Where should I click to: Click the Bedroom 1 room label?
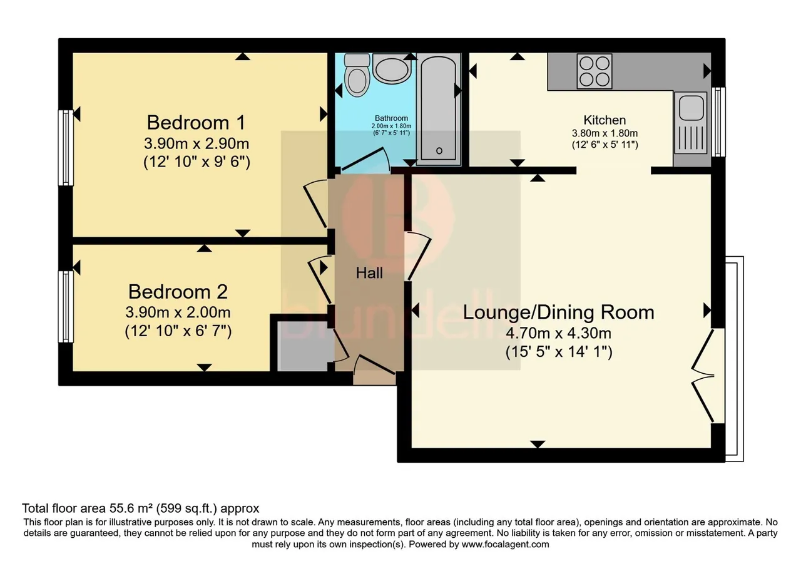pyautogui.click(x=196, y=122)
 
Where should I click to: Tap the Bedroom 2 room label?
pyautogui.click(x=178, y=292)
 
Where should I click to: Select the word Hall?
pyautogui.click(x=369, y=273)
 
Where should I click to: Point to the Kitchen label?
pyautogui.click(x=605, y=120)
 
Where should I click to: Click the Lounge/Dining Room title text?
pyautogui.click(x=559, y=312)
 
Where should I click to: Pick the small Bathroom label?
pyautogui.click(x=391, y=118)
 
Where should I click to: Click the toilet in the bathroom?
pyautogui.click(x=357, y=75)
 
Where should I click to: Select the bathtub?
pyautogui.click(x=439, y=109)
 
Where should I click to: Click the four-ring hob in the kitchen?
pyautogui.click(x=594, y=71)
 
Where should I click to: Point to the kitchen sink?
pyautogui.click(x=690, y=122)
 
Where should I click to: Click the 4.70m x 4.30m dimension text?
pyautogui.click(x=559, y=333)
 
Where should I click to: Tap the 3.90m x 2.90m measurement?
pyautogui.click(x=196, y=144)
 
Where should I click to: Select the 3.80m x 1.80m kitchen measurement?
pyautogui.click(x=605, y=133)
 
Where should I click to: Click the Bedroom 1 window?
pyautogui.click(x=66, y=147)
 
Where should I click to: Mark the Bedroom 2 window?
pyautogui.click(x=66, y=307)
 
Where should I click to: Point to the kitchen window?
pyautogui.click(x=718, y=122)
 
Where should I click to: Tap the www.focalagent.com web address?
pyautogui.click(x=505, y=545)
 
